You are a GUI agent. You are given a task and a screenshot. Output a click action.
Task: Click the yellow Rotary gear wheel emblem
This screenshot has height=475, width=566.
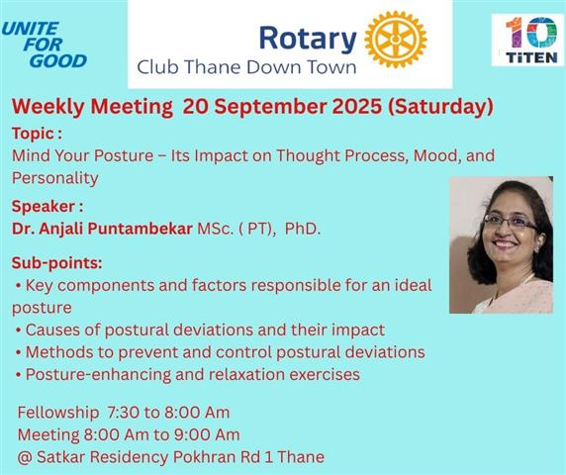click(x=396, y=40)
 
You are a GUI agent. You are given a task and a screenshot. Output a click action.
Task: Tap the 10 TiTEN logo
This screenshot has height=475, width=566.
click(x=527, y=40)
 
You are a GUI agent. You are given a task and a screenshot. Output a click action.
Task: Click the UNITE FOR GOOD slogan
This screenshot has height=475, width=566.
click(x=45, y=45)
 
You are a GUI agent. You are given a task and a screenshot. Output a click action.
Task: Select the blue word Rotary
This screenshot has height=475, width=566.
click(x=308, y=39)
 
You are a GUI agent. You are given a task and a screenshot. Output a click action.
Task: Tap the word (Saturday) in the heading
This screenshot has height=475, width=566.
click(x=440, y=107)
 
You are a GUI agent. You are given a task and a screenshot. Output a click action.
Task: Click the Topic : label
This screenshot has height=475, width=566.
click(x=37, y=134)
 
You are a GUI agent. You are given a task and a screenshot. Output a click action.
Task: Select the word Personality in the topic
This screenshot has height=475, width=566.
click(x=54, y=178)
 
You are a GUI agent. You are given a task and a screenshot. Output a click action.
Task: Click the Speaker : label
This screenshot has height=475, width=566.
click(x=47, y=207)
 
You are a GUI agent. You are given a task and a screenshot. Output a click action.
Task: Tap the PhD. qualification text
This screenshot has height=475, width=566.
click(x=303, y=229)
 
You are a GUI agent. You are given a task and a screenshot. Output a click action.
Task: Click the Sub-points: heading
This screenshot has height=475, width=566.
click(x=57, y=263)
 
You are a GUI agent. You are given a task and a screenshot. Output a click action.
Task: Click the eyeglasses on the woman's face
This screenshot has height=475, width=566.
click(x=511, y=222)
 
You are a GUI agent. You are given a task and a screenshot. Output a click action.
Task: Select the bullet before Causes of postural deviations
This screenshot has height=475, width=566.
click(x=18, y=331)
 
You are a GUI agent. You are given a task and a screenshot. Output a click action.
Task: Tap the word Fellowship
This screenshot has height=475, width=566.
click(x=58, y=413)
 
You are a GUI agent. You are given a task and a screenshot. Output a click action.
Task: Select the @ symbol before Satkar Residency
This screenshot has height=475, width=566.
click(x=25, y=457)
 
